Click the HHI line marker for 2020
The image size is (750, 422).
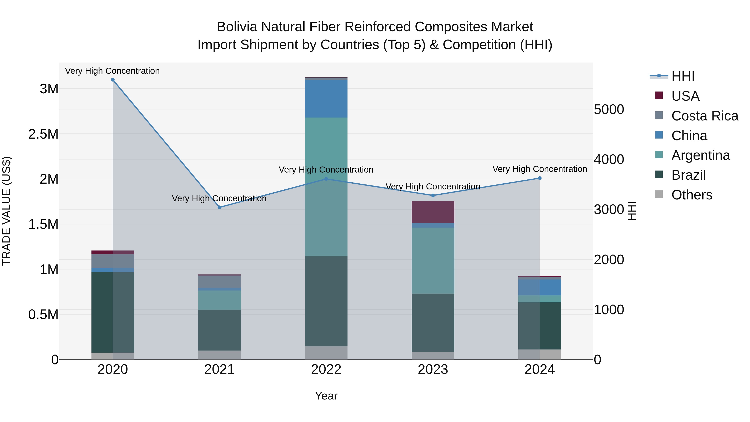[x=113, y=80]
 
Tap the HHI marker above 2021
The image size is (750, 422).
[x=220, y=207]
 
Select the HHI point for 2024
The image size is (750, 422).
[x=540, y=178]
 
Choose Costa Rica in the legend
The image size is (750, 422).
[x=705, y=116]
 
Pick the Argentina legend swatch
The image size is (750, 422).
[x=659, y=155]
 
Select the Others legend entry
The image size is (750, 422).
[x=691, y=195]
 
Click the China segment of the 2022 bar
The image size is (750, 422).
[x=326, y=99]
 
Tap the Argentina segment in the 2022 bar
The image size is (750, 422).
[x=326, y=186]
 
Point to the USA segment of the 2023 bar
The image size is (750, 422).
[x=433, y=212]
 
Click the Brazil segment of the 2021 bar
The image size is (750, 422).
[x=220, y=330]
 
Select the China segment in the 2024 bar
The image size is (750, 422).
[x=540, y=287]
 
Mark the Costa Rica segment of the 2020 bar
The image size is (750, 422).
[x=113, y=261]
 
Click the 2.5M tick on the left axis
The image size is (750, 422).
[x=43, y=134]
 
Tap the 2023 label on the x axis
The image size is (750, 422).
[x=433, y=369]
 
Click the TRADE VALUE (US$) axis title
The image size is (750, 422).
[x=6, y=211]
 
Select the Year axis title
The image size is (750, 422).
[x=326, y=396]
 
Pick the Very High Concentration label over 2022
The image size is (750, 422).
[x=326, y=169]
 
